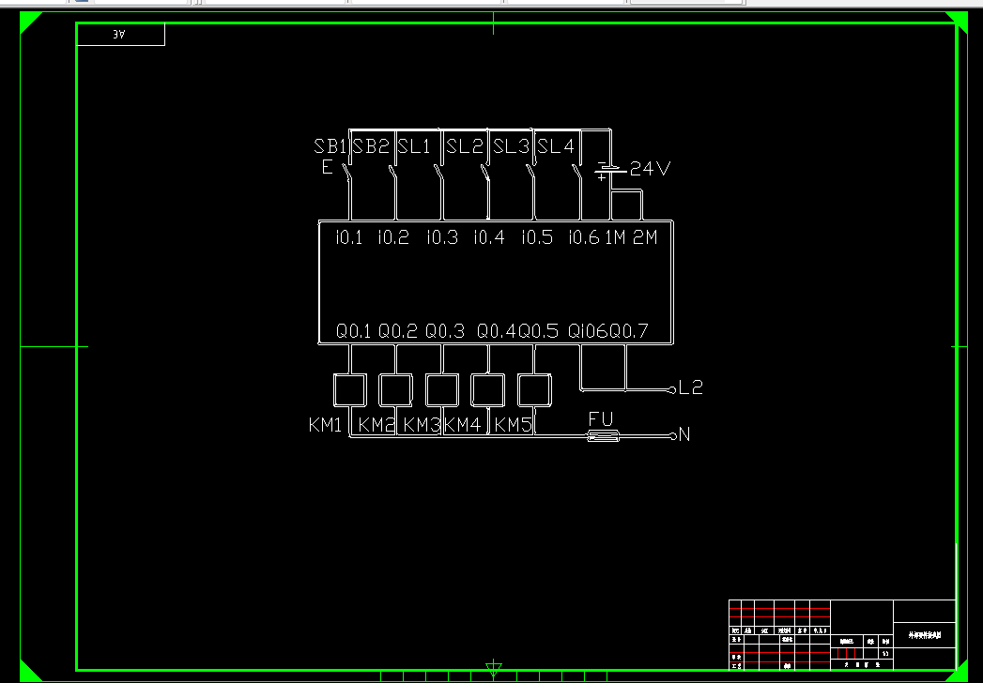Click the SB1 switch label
pos(330,146)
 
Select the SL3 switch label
pos(512,146)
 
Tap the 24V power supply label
pos(651,169)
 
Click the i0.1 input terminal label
pos(348,237)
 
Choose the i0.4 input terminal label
pos(488,237)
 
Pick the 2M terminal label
pos(645,237)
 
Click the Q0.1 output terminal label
pos(354,331)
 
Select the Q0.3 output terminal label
pos(445,331)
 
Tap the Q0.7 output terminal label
pos(629,331)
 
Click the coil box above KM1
pos(349,389)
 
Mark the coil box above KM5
pos(534,389)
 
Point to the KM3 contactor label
pos(422,425)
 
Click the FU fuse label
pos(601,418)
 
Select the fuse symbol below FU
pos(603,436)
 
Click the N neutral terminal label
pos(684,434)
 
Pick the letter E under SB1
pos(327,168)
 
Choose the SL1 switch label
pos(413,146)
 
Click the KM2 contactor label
pos(376,425)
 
